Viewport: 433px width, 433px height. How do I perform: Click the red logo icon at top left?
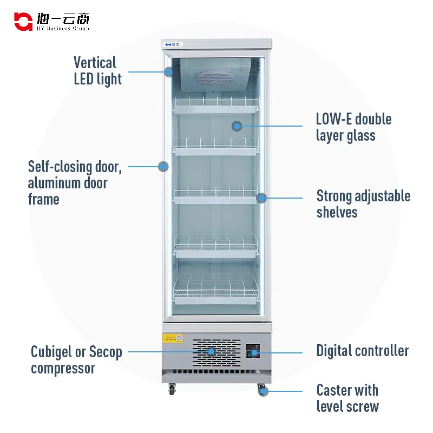[x=23, y=22]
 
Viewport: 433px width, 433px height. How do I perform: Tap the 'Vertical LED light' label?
[x=97, y=71]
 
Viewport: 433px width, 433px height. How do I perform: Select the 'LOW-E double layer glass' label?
[x=353, y=127]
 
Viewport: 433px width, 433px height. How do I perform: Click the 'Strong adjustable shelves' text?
[x=363, y=204]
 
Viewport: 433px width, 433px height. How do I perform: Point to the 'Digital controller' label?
[x=363, y=351]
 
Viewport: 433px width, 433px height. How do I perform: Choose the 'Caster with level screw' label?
[x=347, y=398]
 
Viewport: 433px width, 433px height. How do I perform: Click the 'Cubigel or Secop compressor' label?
[x=76, y=360]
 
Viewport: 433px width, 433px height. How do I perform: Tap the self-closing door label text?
[x=75, y=183]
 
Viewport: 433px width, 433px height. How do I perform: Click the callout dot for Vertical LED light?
[x=169, y=71]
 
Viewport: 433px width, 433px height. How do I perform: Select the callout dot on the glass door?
[x=237, y=126]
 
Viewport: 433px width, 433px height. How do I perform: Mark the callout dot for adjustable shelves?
[x=261, y=198]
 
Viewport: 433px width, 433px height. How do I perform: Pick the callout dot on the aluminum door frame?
[x=163, y=166]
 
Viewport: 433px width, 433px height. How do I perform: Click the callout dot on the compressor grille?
[x=211, y=351]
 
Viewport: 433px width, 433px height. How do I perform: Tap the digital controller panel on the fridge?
[x=252, y=352]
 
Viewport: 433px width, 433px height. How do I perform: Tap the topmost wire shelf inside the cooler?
[x=216, y=105]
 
